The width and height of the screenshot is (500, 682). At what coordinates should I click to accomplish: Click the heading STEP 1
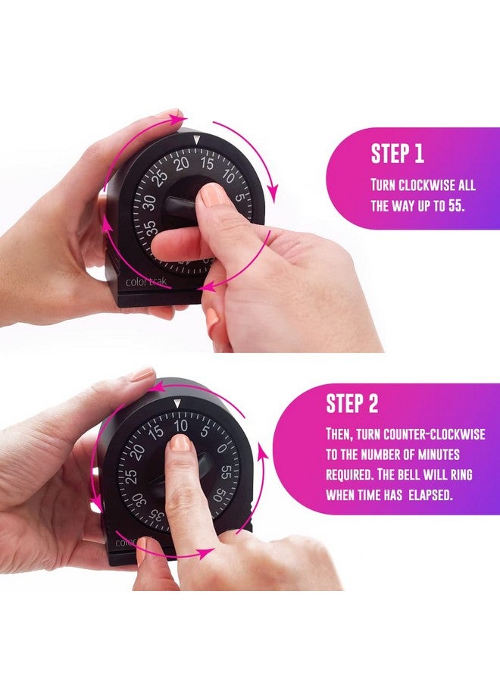coord(397,154)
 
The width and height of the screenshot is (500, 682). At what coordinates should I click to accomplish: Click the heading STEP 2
coord(352,404)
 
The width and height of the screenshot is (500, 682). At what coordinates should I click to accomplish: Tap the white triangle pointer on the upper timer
coord(198,140)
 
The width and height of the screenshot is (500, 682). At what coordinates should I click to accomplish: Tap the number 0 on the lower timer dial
coord(221,448)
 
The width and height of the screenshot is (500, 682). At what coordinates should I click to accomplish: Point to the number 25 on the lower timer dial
coord(130,476)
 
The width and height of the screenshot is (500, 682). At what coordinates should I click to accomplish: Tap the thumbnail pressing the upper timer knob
coord(213,195)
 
